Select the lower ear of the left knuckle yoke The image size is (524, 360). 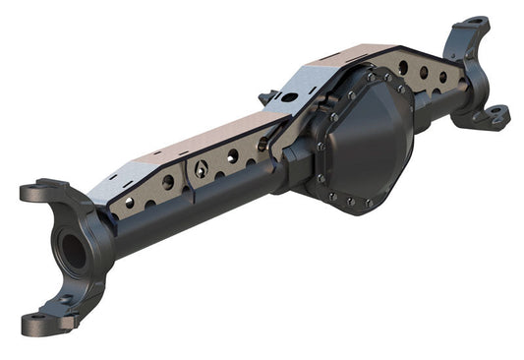[44, 320]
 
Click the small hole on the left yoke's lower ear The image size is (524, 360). [65, 300]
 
